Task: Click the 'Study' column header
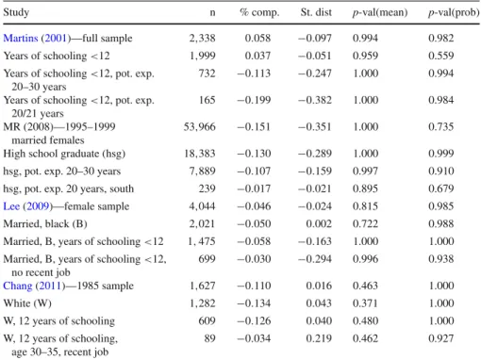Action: click(16, 12)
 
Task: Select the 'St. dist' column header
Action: click(316, 12)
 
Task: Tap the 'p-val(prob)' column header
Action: click(454, 12)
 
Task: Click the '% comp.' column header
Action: click(259, 12)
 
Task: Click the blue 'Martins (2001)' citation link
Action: click(37, 38)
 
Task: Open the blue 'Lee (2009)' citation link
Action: click(27, 206)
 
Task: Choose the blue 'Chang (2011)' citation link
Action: click(34, 286)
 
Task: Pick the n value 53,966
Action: click(200, 127)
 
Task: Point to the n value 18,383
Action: click(200, 154)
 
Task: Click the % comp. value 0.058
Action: click(257, 38)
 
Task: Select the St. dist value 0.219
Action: click(319, 338)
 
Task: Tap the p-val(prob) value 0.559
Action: click(441, 56)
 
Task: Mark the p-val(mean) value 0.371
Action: click(365, 303)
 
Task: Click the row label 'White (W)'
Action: click(27, 303)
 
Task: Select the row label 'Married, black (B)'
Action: click(45, 224)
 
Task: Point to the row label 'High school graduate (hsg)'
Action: click(64, 154)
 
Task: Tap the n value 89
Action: click(209, 338)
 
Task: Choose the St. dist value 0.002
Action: click(319, 223)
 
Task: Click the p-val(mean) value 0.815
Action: click(365, 206)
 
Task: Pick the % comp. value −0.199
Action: click(254, 100)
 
